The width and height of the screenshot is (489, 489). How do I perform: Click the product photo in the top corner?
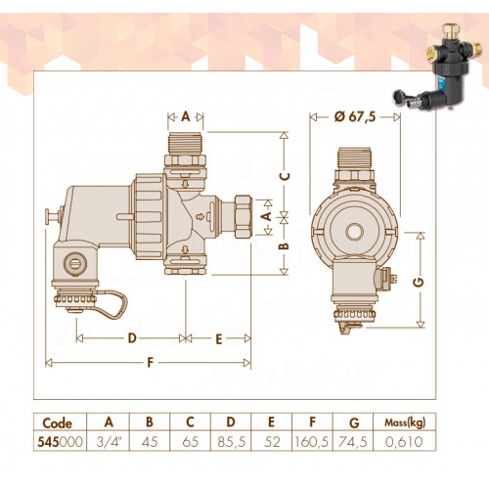coord(437,67)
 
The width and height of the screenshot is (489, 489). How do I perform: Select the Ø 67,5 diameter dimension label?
coord(355,116)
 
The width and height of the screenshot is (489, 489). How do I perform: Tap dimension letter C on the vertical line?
coord(285,176)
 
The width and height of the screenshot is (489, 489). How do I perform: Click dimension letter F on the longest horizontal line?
coord(150,362)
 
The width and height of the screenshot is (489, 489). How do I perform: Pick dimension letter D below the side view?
coord(132,338)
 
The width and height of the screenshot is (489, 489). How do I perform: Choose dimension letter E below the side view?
coord(219,339)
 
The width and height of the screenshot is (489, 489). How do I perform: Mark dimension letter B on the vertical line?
coord(285,246)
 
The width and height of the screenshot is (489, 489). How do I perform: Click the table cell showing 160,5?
coord(312,442)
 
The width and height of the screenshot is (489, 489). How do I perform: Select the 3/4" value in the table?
coord(109,442)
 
